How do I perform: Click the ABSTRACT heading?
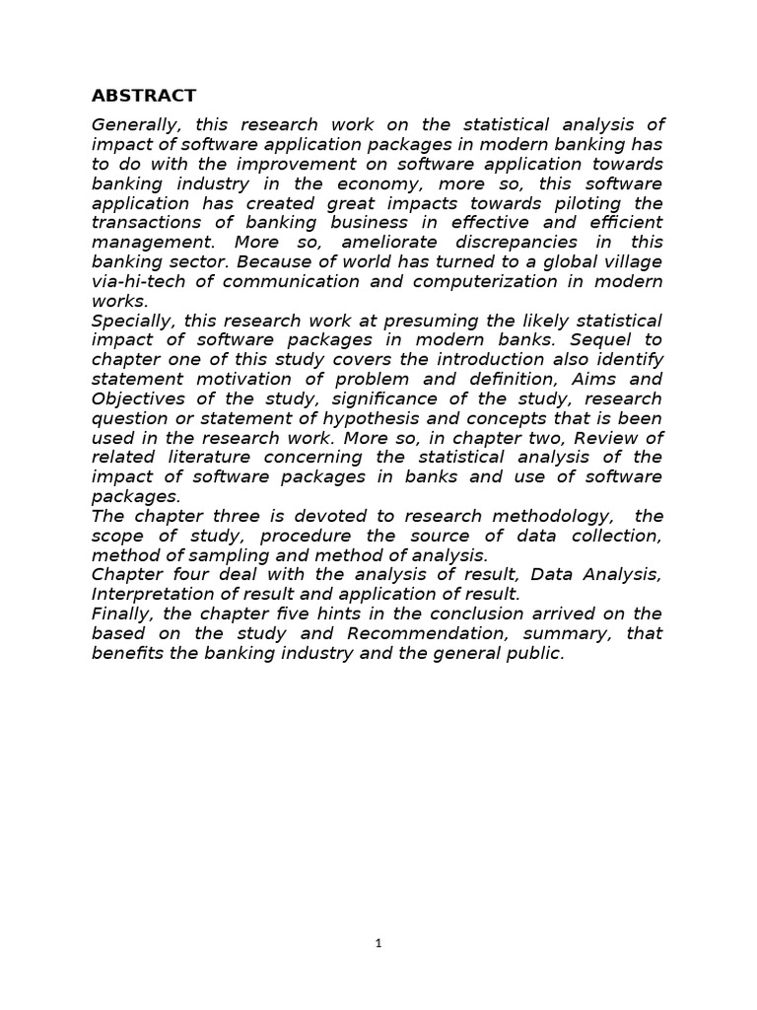(x=144, y=96)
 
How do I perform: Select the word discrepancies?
(x=524, y=243)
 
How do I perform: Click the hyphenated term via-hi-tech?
(x=145, y=281)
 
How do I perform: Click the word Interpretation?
(x=155, y=594)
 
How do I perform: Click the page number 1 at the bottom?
(x=378, y=944)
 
